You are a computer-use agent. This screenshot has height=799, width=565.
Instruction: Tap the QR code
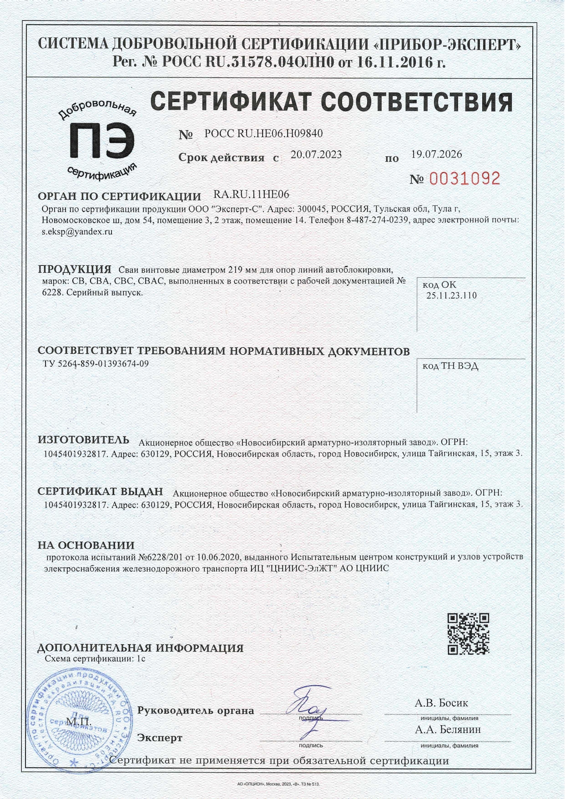(x=468, y=633)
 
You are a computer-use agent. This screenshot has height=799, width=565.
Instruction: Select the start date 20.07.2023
(x=316, y=154)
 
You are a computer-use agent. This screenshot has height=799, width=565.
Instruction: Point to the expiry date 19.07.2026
(x=436, y=154)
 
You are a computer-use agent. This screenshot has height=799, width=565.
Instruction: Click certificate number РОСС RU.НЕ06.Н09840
(x=263, y=133)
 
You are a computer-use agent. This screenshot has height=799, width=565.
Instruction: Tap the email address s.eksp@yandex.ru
(x=77, y=231)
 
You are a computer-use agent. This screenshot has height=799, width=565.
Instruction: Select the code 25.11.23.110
(x=451, y=295)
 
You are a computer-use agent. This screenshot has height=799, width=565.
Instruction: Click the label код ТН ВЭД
(x=450, y=366)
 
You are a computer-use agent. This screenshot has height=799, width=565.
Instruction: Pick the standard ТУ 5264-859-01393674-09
(x=95, y=363)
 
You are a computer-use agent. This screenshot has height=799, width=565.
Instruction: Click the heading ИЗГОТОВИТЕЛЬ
(x=84, y=440)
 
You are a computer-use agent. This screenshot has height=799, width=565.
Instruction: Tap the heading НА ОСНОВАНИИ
(x=86, y=545)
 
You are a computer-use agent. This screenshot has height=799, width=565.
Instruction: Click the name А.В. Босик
(x=441, y=703)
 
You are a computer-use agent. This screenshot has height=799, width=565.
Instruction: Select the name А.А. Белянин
(x=448, y=730)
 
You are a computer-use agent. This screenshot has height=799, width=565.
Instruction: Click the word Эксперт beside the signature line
(x=160, y=738)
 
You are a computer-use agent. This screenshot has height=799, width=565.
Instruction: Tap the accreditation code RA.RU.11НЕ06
(x=251, y=195)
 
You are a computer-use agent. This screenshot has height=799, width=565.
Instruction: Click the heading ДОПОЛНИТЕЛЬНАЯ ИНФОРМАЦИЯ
(x=141, y=648)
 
